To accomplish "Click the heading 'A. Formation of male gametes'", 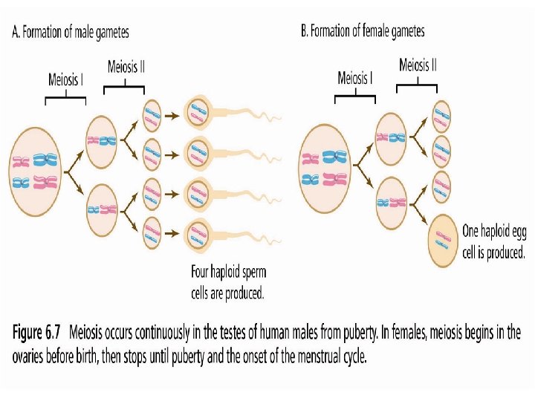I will [71, 32].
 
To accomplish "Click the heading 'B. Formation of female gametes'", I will [363, 31].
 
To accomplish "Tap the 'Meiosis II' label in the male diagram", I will [126, 67].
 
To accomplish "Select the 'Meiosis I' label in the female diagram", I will [355, 78].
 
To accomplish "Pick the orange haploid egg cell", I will [444, 239].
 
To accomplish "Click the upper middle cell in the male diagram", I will [102, 140].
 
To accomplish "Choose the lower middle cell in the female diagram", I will [392, 202].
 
